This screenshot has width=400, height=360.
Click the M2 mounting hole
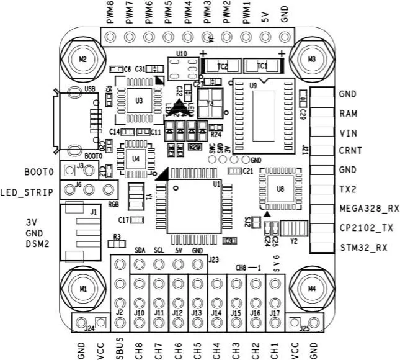pos(82,59)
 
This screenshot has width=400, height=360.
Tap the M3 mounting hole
pos(311,59)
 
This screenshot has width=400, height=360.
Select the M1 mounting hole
pos(82,289)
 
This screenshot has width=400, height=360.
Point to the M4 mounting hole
pos(311,289)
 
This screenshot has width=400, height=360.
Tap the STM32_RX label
pos(364,248)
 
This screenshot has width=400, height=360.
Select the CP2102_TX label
pos(367,228)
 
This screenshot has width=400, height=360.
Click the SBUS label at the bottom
pos(120,348)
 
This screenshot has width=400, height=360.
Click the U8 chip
pos(280,187)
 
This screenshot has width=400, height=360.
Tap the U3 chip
pos(140,99)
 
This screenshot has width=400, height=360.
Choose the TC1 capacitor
pos(262,65)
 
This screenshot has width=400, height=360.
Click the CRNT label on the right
pos(351,151)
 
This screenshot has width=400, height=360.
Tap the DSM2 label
pos(37,243)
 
